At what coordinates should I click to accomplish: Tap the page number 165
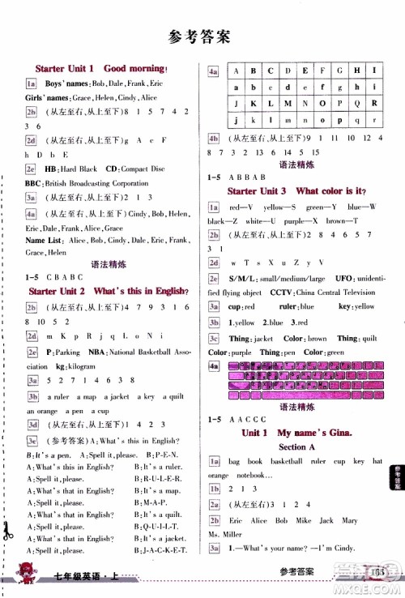pyautogui.click(x=378, y=574)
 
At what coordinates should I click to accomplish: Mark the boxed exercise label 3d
pyautogui.click(x=31, y=422)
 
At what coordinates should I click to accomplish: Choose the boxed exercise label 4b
pyautogui.click(x=214, y=138)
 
